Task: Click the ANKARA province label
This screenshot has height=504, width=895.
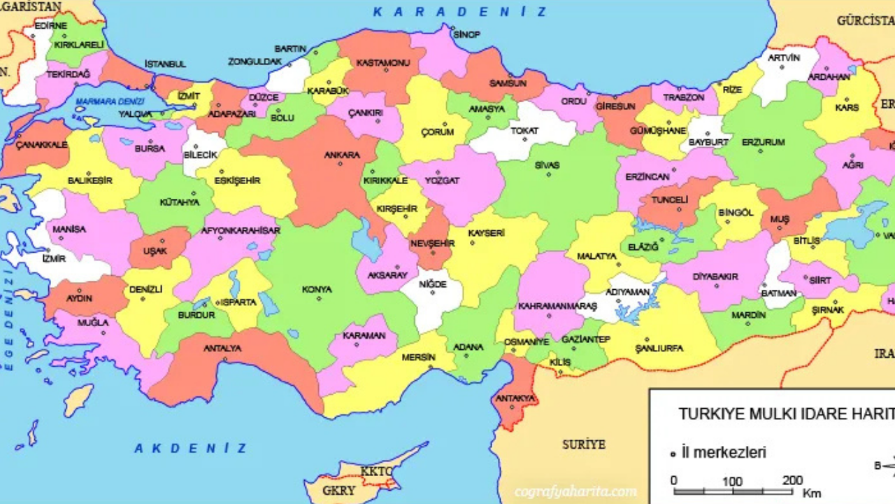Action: tap(341, 155)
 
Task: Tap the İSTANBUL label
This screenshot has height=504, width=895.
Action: tap(165, 64)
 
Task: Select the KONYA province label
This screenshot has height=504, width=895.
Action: tap(317, 289)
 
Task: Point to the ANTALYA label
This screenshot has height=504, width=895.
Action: tap(222, 348)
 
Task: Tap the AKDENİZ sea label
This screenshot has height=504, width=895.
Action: tap(191, 448)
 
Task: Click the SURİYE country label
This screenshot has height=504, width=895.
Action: tap(584, 444)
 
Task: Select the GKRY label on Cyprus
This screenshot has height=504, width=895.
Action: tap(339, 491)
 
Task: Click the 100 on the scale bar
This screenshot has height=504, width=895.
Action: tap(732, 481)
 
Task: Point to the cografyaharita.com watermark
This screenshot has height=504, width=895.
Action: tap(575, 491)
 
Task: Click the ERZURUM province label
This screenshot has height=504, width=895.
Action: tap(763, 142)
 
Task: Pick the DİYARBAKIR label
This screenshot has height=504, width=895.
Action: tap(715, 276)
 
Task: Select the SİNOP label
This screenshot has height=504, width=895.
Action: tap(466, 34)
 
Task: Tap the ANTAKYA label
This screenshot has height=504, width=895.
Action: tap(515, 398)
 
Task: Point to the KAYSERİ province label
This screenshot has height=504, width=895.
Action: tap(486, 233)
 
